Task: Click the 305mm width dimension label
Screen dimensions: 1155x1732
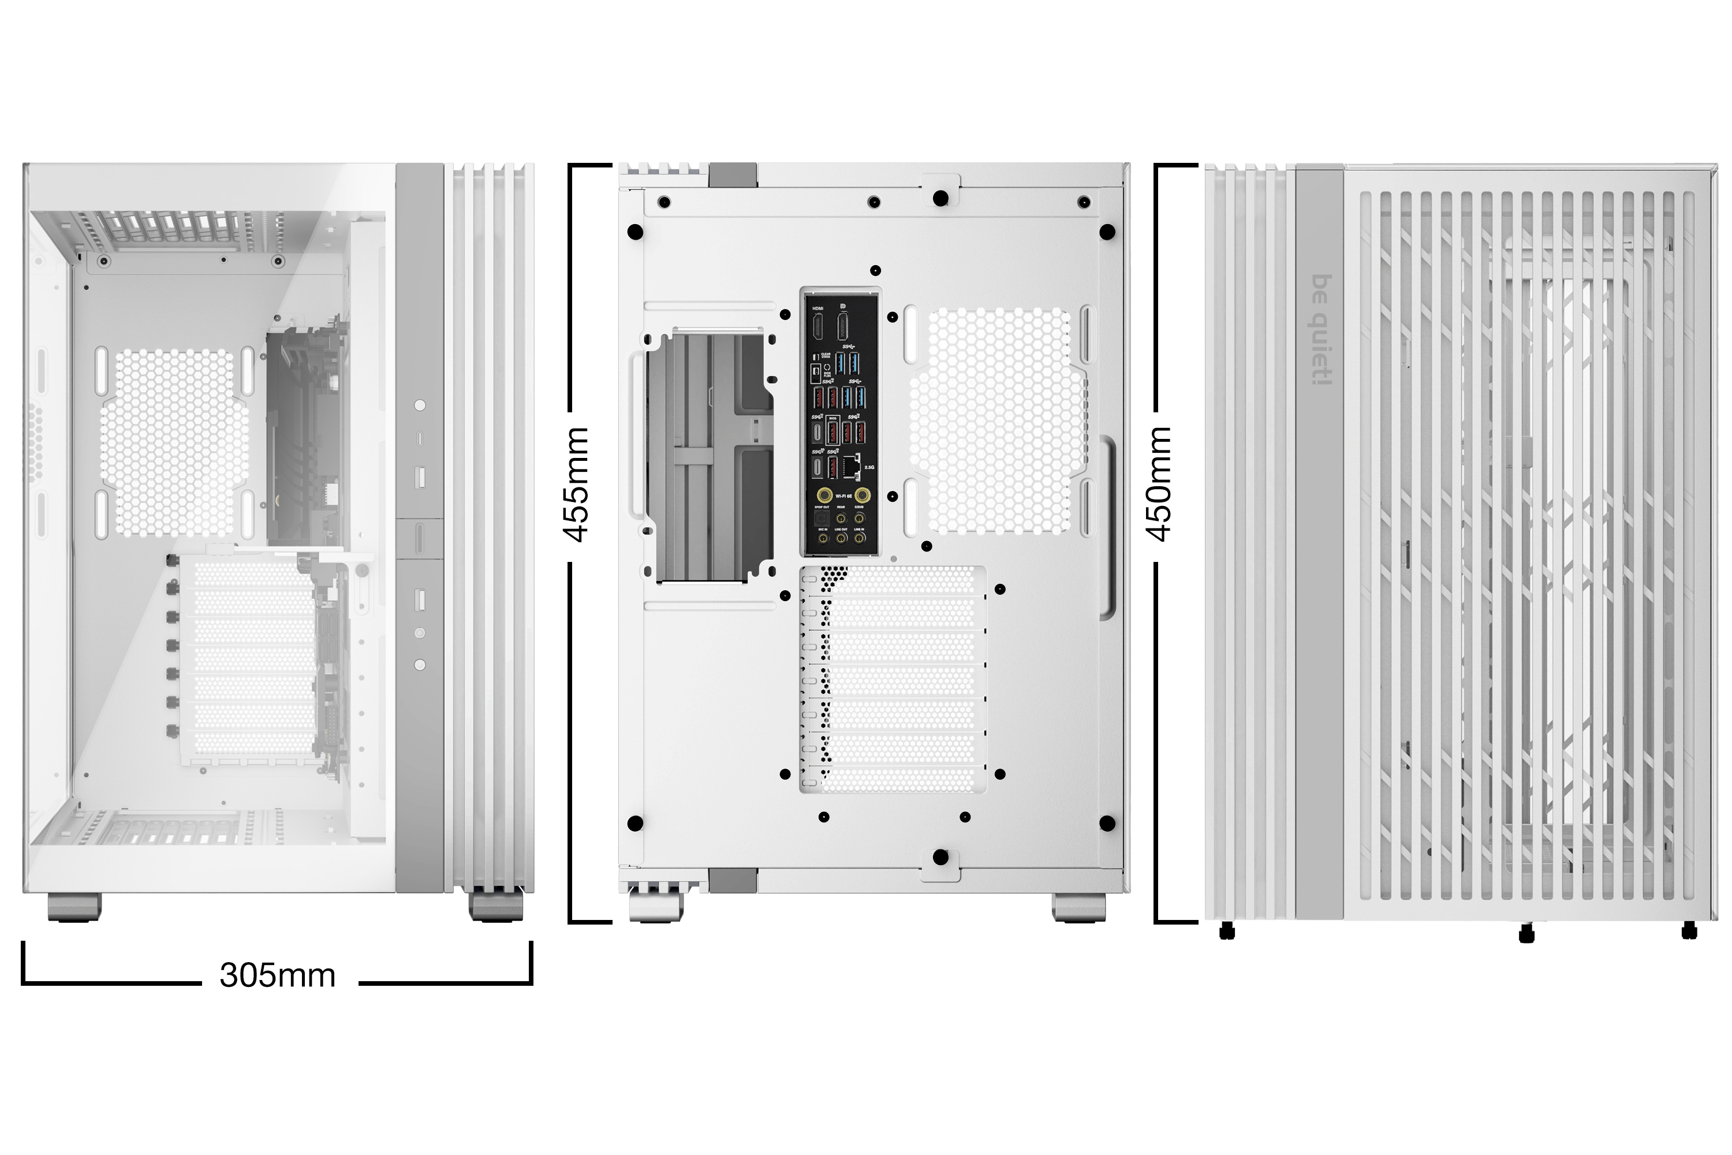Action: (277, 975)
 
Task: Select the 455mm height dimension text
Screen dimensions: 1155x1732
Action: (577, 484)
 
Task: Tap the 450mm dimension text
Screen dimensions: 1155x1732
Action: (1160, 484)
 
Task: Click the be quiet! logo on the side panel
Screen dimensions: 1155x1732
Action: (1322, 329)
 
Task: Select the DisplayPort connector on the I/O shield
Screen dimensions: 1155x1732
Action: (843, 326)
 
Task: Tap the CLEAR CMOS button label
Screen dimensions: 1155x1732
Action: (826, 355)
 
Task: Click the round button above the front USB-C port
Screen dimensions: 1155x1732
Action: (420, 405)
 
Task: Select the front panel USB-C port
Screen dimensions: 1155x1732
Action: (420, 439)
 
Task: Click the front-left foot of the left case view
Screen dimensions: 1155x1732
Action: (74, 907)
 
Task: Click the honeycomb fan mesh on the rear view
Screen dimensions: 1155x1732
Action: (997, 420)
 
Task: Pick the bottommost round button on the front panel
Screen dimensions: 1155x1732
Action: (420, 665)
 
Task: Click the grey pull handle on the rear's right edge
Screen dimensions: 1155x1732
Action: (1107, 527)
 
